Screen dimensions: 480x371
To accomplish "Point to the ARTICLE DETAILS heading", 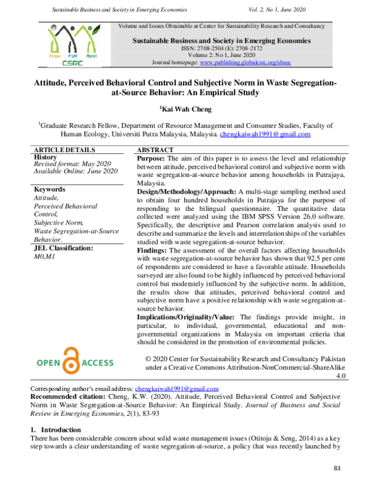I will [x=64, y=150].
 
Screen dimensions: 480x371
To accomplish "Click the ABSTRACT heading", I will [x=155, y=150].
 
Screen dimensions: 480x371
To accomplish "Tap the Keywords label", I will [x=49, y=189].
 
